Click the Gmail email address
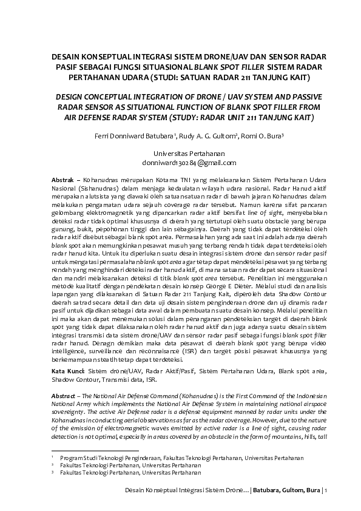(181, 163)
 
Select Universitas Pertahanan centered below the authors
(181, 154)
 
